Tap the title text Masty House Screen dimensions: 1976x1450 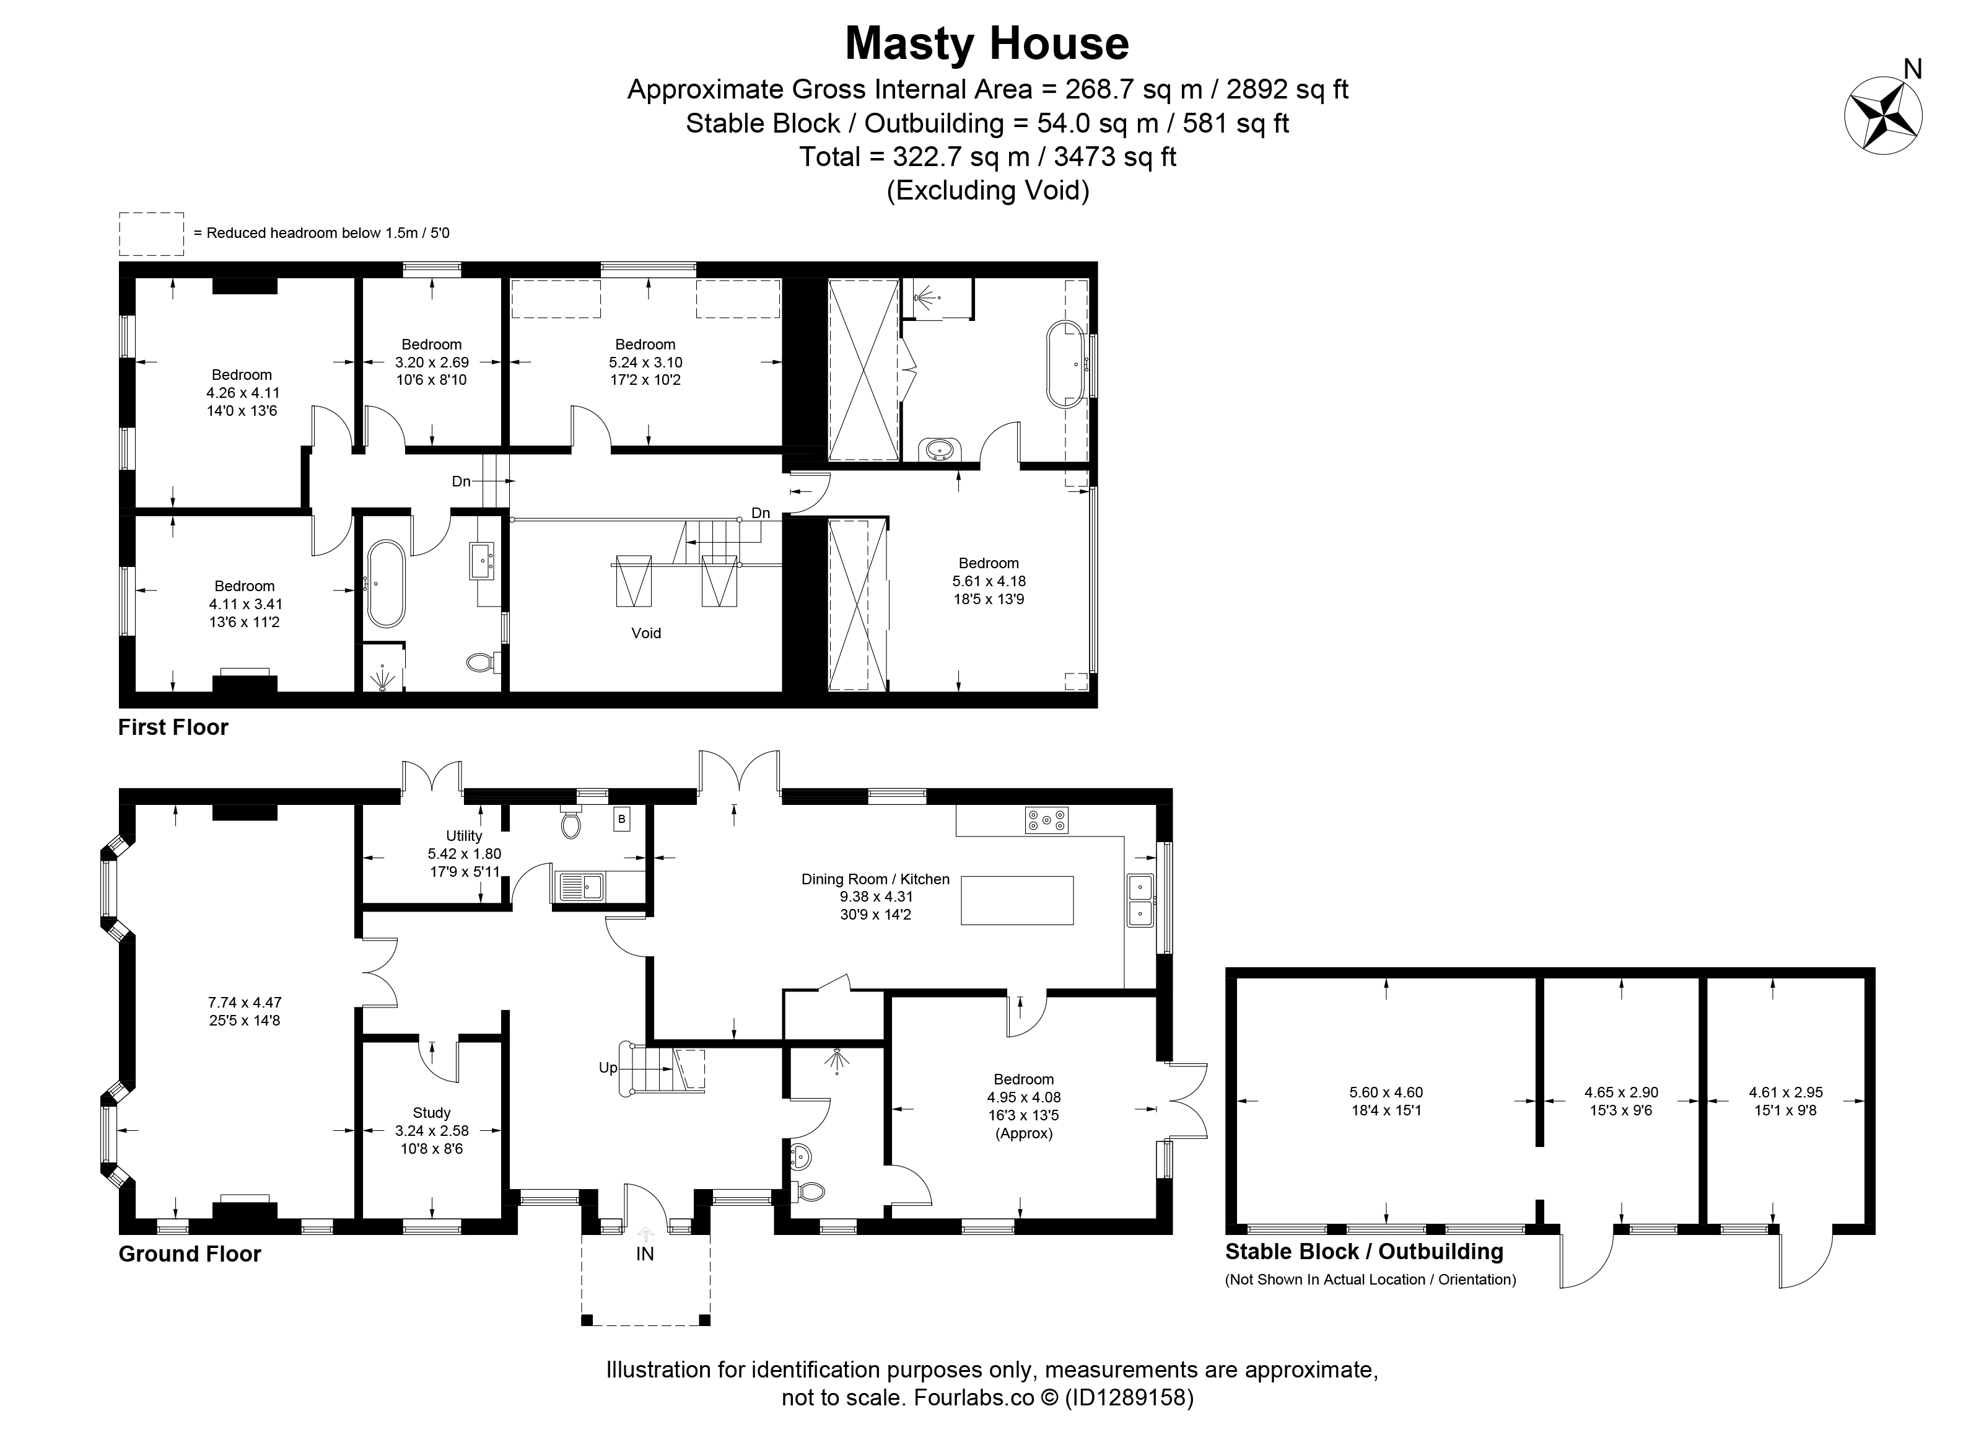[987, 44]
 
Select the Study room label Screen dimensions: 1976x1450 [432, 1113]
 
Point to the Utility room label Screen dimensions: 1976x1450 [464, 835]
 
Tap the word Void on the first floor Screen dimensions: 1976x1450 [647, 633]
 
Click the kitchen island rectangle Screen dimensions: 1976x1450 [1017, 900]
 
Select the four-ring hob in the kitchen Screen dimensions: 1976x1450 [1046, 820]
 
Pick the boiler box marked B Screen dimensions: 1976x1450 [622, 820]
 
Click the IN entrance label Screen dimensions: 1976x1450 [645, 1254]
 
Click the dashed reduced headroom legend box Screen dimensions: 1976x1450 [152, 234]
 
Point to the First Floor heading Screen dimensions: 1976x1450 [173, 727]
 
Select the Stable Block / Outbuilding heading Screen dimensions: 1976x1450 [1365, 1252]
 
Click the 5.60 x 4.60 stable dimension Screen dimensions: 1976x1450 [1386, 1092]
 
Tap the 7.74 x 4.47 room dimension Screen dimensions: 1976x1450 [245, 1003]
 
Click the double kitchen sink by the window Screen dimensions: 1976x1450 [1140, 900]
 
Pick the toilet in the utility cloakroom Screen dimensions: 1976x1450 [571, 822]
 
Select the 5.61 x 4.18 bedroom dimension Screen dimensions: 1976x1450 [989, 581]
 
